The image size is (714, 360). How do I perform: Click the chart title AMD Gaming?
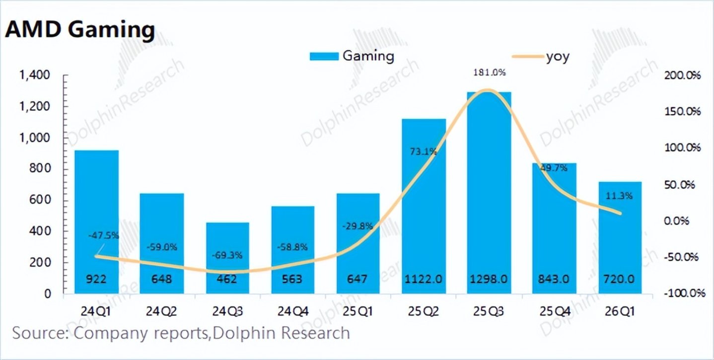80,30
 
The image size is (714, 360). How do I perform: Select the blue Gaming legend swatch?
324,57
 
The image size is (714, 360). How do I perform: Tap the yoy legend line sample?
528,57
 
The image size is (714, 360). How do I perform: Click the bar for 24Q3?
227,258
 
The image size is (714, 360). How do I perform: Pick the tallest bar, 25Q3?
489,193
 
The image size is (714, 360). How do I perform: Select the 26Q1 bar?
620,237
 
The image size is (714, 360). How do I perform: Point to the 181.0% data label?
489,72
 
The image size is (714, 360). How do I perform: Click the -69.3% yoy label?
227,255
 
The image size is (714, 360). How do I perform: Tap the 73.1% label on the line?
424,152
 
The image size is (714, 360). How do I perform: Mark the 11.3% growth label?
619,196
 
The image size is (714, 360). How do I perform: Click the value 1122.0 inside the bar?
424,280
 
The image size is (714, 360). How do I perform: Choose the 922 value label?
96,280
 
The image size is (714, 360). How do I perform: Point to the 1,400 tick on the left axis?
35,75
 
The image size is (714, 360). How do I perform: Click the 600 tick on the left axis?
40,200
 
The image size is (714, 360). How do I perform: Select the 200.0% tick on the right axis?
682,75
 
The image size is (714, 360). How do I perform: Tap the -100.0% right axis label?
684,293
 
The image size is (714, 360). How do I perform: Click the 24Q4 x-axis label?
293,311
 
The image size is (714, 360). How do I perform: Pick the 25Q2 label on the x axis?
424,311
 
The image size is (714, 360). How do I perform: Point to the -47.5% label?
103,236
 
